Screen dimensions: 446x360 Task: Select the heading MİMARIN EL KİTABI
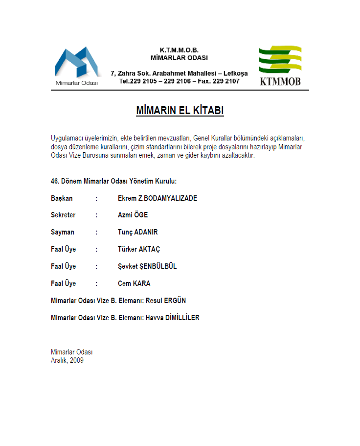[x=180, y=111]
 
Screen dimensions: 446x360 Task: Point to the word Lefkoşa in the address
[x=235, y=73]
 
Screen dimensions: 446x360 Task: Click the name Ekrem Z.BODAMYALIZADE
[x=157, y=198]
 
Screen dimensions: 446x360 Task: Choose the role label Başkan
[x=62, y=198]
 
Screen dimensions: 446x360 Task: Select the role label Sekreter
[x=63, y=215]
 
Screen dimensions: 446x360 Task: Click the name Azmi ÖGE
[x=133, y=215]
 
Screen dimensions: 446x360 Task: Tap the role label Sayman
[x=62, y=232]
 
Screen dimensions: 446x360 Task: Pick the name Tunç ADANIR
[x=137, y=232]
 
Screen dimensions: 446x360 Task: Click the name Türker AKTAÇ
[x=139, y=249]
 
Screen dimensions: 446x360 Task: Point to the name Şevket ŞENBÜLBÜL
[x=147, y=266]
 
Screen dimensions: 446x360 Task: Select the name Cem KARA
[x=134, y=283]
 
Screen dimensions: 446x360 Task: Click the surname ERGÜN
[x=175, y=301]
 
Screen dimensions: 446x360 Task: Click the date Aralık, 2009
[x=67, y=360]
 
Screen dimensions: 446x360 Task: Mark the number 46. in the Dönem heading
[x=55, y=181]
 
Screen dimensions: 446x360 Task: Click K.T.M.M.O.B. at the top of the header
[x=179, y=50]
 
